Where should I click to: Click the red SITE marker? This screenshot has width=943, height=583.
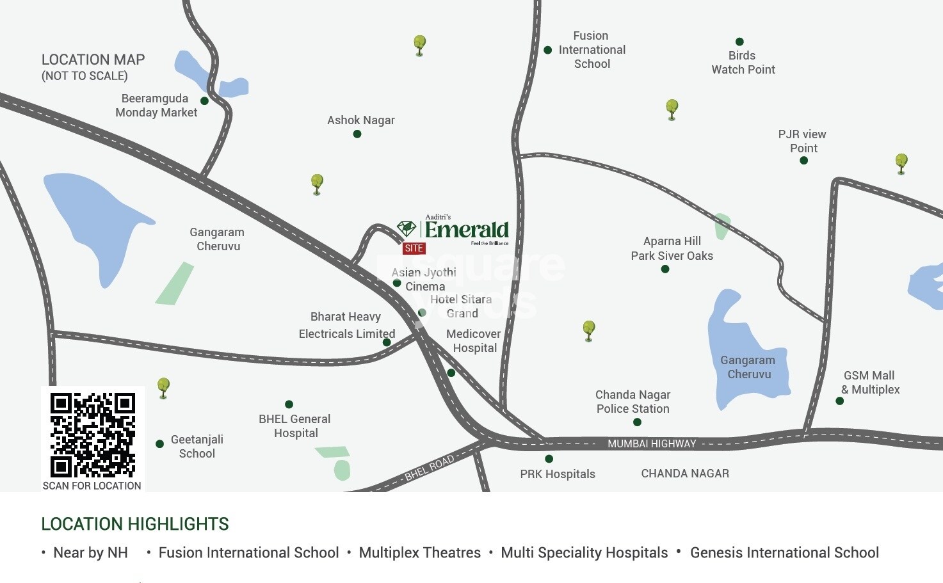point(414,248)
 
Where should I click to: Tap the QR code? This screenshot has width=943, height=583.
point(92,435)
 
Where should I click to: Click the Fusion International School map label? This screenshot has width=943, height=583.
point(592,50)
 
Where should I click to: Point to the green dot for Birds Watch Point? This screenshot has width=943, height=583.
point(739,42)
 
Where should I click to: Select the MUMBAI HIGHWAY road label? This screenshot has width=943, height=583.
point(651,443)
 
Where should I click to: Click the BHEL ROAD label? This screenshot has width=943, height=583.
point(429,468)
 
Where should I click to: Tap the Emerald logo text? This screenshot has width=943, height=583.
point(466,230)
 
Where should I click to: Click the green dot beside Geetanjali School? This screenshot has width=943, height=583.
point(159,444)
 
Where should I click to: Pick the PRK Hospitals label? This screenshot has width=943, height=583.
point(557,474)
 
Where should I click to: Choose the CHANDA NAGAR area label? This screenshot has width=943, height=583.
point(685,474)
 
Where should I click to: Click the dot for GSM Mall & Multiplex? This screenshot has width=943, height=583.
point(839,401)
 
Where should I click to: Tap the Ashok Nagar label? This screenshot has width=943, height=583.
point(360,120)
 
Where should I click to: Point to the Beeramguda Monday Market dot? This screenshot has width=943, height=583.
point(204,101)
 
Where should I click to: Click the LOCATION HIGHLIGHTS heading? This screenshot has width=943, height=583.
point(134,524)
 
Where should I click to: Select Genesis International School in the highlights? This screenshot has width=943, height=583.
point(784,553)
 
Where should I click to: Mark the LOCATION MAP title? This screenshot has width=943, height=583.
point(93,60)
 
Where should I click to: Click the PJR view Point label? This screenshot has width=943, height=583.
point(802,141)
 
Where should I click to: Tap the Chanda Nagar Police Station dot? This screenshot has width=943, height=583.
point(637,422)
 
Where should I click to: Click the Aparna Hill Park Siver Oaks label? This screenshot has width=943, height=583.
point(672,248)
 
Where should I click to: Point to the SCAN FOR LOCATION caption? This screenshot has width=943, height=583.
point(92,486)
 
